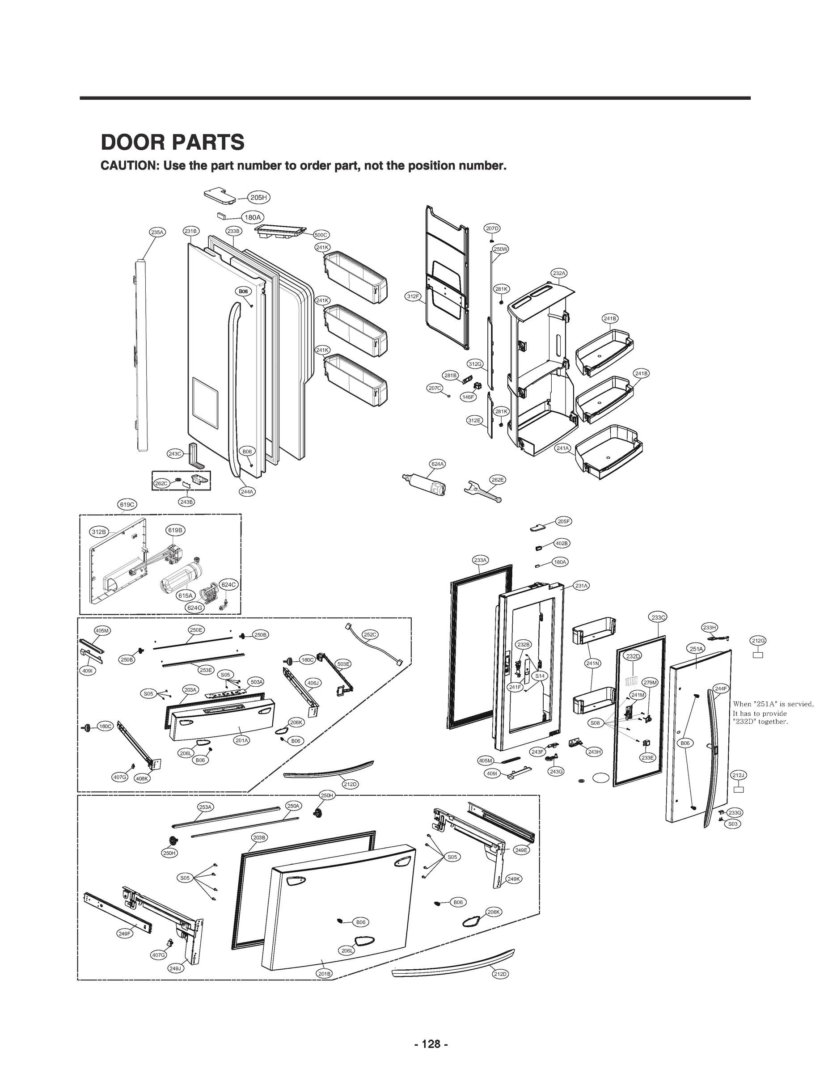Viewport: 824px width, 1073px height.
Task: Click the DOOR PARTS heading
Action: point(172,142)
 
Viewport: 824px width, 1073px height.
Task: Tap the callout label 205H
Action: point(258,198)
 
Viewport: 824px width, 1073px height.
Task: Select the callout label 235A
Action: point(157,232)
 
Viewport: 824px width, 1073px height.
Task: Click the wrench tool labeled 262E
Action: point(482,492)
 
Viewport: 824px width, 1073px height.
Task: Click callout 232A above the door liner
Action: point(559,273)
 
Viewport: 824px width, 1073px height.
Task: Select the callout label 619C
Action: point(127,504)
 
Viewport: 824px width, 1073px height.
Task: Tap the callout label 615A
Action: point(186,596)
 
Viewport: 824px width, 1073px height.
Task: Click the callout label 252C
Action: point(370,634)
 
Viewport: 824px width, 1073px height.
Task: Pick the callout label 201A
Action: point(241,740)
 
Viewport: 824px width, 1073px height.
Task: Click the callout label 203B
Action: point(259,837)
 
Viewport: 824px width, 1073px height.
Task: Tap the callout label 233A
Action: point(480,560)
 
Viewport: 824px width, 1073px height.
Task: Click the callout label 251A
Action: point(697,649)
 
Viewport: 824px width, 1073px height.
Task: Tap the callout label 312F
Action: point(413,296)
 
